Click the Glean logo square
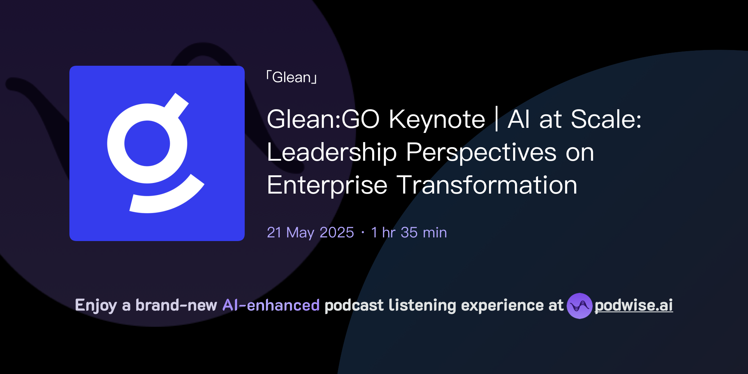pyautogui.click(x=157, y=153)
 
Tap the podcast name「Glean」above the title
pyautogui.click(x=291, y=77)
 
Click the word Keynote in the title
pyautogui.click(x=437, y=119)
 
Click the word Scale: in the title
pyautogui.click(x=606, y=119)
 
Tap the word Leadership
pyautogui.click(x=332, y=152)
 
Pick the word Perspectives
pyautogui.click(x=481, y=152)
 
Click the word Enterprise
pyautogui.click(x=327, y=185)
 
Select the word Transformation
pyautogui.click(x=487, y=185)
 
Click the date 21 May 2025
pyautogui.click(x=310, y=233)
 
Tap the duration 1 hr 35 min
pyautogui.click(x=409, y=233)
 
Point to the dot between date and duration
pyautogui.click(x=363, y=233)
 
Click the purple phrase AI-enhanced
pyautogui.click(x=271, y=305)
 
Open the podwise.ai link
pyautogui.click(x=634, y=305)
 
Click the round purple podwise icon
pyautogui.click(x=579, y=306)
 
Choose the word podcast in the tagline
pyautogui.click(x=354, y=305)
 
